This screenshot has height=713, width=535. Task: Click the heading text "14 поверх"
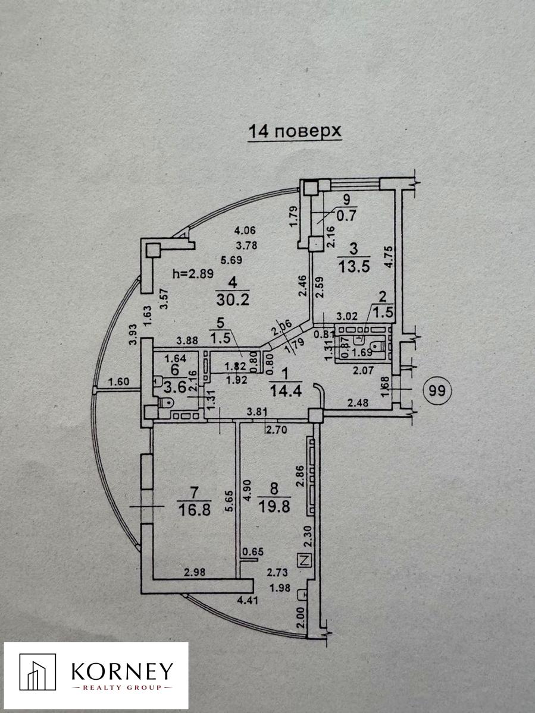click(295, 131)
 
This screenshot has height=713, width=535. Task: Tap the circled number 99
click(437, 391)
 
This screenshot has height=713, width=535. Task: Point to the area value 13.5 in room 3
click(354, 266)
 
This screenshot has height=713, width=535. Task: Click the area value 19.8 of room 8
click(274, 506)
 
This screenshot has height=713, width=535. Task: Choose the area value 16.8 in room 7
click(195, 510)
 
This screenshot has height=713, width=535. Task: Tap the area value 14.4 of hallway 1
click(286, 391)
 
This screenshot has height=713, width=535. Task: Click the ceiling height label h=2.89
click(193, 273)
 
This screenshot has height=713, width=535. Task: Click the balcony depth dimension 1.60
click(118, 381)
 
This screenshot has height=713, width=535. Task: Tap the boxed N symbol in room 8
click(305, 560)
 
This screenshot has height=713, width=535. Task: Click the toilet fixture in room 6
click(166, 403)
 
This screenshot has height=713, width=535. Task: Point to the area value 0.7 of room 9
click(347, 216)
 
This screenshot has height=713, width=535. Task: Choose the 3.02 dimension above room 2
click(347, 316)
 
